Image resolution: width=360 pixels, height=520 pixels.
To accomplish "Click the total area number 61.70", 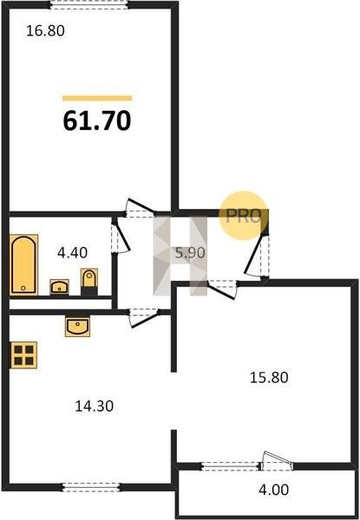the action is (97, 120).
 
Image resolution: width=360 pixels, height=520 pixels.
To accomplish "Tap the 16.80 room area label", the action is (45, 31).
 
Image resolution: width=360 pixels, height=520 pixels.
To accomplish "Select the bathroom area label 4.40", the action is (72, 253).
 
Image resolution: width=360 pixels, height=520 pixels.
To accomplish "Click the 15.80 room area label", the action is (269, 378).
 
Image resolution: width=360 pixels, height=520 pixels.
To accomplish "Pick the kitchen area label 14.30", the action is (95, 406).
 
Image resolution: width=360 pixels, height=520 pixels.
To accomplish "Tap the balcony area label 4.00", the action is (274, 490).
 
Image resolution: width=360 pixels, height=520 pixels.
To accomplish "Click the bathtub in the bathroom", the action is (23, 264).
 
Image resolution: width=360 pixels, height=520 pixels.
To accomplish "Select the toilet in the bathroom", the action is (89, 282).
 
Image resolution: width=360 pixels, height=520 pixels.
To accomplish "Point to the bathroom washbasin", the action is (59, 287).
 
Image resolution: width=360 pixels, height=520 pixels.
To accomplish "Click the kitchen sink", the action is (78, 327).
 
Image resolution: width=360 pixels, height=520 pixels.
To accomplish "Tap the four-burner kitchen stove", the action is (24, 354).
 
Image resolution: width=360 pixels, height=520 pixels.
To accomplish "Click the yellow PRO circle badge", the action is (245, 216).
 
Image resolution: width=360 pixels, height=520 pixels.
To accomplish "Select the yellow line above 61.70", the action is (97, 98).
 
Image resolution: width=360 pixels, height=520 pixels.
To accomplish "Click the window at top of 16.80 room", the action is (89, 5).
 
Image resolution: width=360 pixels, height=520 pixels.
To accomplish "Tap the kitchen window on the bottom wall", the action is (91, 487).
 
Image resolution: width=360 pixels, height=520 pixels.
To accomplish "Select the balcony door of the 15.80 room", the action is (276, 462).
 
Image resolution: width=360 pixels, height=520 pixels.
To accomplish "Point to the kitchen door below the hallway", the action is (143, 317).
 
